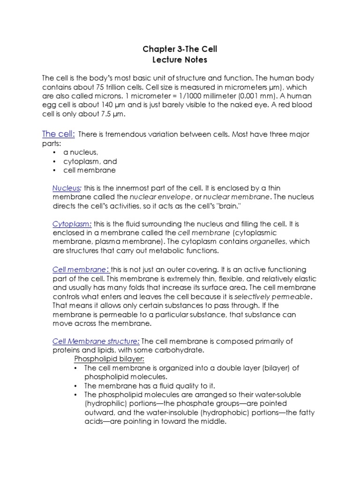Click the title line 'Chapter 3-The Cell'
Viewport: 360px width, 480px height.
[180, 49]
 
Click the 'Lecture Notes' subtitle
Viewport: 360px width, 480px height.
[180, 60]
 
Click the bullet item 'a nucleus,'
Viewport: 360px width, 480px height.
[81, 152]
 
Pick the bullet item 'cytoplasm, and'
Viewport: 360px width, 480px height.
[90, 161]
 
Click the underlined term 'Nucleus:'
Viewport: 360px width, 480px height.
[67, 188]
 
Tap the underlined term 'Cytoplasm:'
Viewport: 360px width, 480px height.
[72, 224]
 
